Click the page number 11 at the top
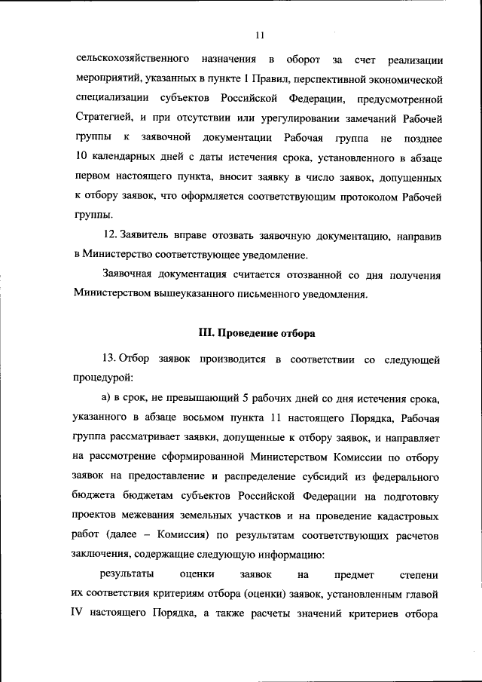pos(259,35)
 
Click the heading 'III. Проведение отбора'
pos(257,332)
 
